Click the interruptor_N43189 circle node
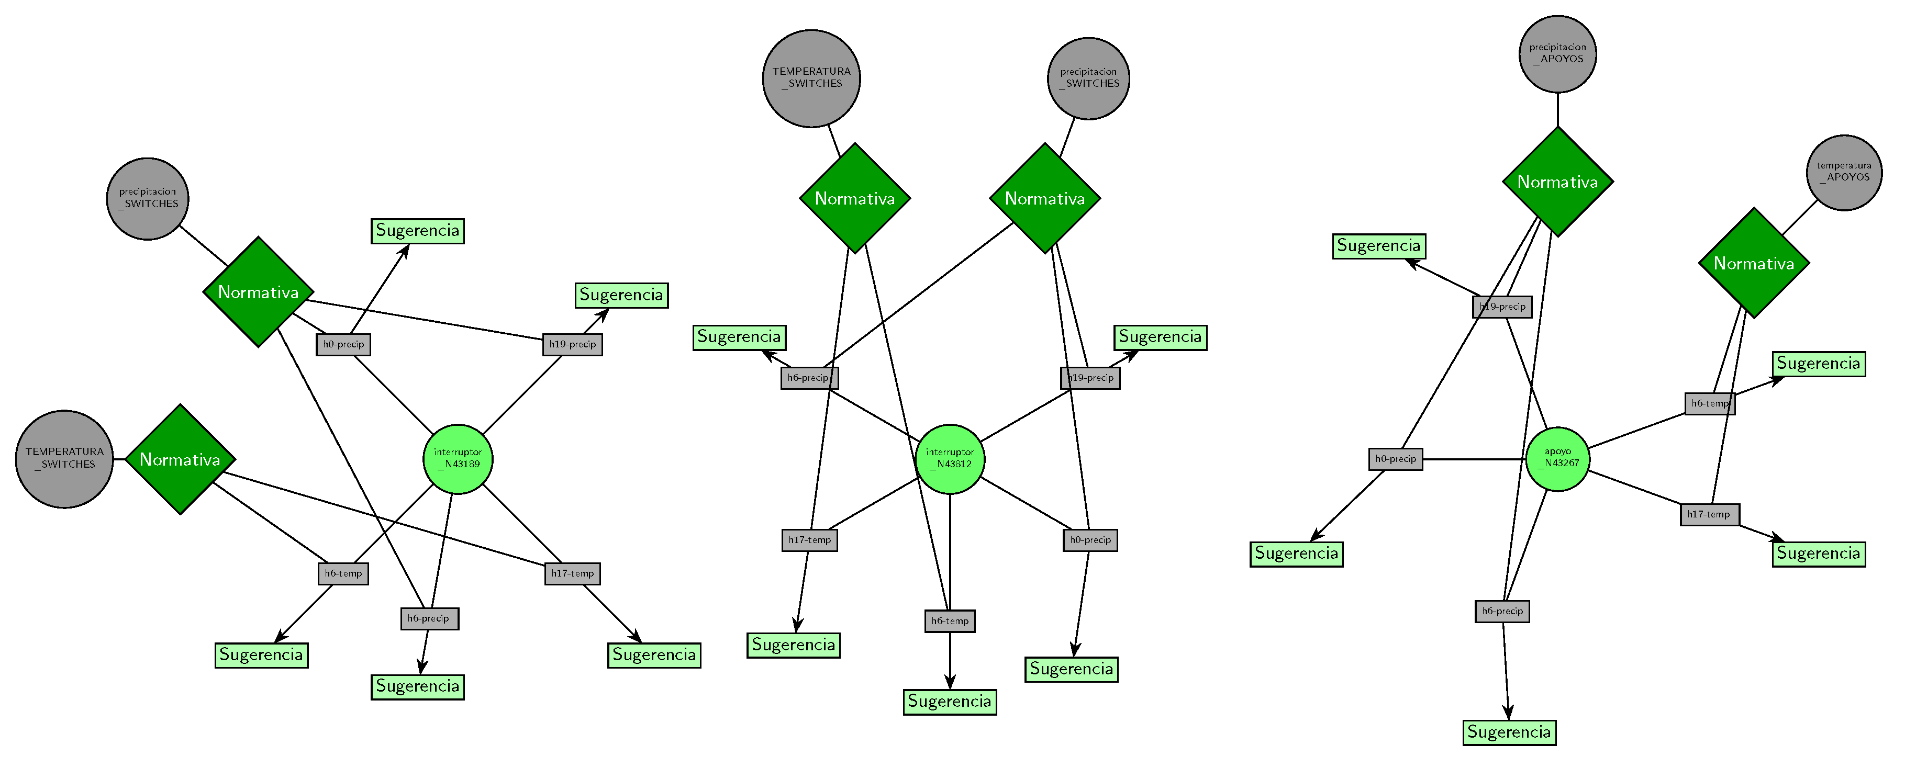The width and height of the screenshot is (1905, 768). [x=458, y=459]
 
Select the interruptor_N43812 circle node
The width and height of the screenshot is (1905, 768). [x=950, y=459]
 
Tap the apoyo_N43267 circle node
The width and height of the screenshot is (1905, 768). [x=1557, y=459]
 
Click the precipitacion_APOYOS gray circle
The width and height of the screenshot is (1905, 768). [x=1557, y=54]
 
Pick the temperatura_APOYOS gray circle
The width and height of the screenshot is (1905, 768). [x=1844, y=172]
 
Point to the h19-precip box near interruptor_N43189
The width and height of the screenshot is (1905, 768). [x=572, y=344]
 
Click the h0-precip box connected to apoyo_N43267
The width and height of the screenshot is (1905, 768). [x=1396, y=459]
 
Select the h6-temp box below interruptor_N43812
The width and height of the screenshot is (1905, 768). [x=950, y=621]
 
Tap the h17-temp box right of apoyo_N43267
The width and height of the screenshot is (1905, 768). [x=1709, y=514]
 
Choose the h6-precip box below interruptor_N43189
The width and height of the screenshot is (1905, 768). [x=429, y=619]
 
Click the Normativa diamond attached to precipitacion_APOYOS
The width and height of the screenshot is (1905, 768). [x=1557, y=182]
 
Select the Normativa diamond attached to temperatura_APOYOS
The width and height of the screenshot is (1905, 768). [x=1753, y=263]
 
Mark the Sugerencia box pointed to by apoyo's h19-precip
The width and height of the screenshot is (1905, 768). [x=1378, y=246]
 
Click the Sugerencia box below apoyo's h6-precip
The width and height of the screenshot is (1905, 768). [x=1509, y=732]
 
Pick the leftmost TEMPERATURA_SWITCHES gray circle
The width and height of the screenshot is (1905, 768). [x=64, y=459]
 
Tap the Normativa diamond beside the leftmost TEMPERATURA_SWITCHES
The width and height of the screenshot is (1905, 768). [x=180, y=459]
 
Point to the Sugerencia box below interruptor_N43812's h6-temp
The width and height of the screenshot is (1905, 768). [x=950, y=702]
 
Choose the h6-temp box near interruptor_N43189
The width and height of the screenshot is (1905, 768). [x=343, y=573]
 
